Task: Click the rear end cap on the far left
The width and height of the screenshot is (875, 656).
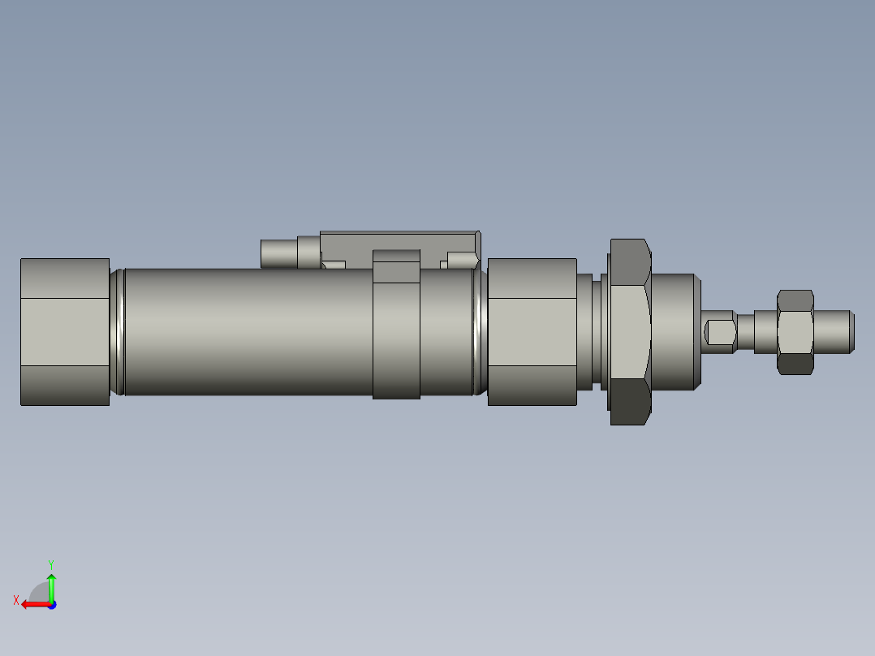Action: [64, 331]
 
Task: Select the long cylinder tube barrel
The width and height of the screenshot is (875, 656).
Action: [244, 331]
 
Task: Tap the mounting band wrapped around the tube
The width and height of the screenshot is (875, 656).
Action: [396, 341]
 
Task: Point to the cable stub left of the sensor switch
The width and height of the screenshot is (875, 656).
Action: [278, 252]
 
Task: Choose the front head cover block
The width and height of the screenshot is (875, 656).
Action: [532, 331]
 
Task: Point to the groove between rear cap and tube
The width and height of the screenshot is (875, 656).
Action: [117, 331]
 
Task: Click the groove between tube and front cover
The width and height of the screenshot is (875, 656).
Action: [480, 331]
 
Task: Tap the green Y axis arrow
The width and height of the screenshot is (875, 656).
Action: [51, 585]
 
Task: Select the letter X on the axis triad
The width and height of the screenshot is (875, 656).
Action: [16, 600]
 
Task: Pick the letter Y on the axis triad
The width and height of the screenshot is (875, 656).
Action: [50, 563]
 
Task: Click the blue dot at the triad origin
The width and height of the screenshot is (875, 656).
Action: [51, 604]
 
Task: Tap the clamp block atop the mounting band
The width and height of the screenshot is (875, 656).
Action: [396, 266]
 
